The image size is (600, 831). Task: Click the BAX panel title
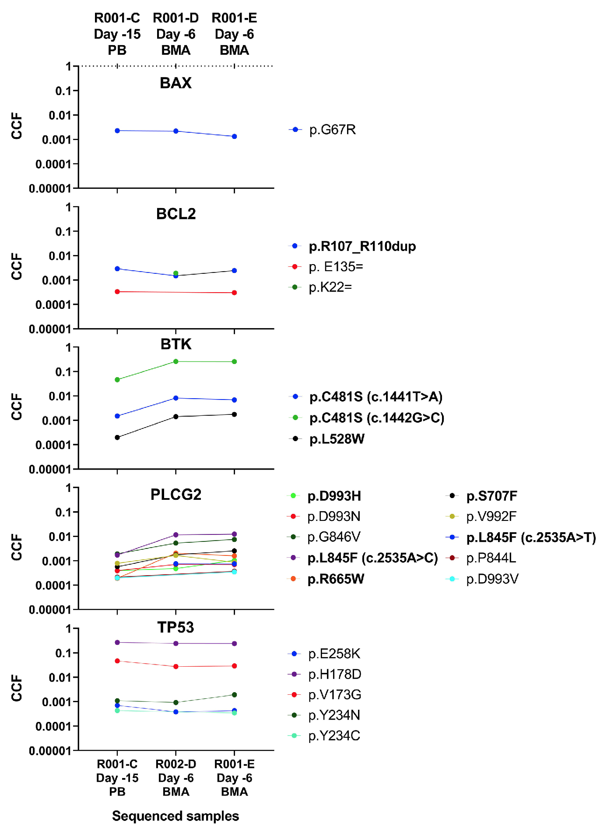click(x=175, y=83)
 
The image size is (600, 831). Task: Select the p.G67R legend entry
click(x=332, y=130)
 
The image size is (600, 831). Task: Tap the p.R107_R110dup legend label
click(x=362, y=246)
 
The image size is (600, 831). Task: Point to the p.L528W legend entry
click(x=337, y=439)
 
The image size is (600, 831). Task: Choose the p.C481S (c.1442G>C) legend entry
click(x=376, y=418)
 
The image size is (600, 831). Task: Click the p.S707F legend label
click(x=491, y=496)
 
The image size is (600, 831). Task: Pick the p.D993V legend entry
click(x=492, y=579)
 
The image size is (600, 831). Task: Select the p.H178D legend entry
click(x=334, y=674)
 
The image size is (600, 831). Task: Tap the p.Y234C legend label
click(x=334, y=736)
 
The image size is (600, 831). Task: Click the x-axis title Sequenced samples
click(x=175, y=816)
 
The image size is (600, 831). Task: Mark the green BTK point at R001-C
click(x=117, y=380)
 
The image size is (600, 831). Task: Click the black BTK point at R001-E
click(x=235, y=414)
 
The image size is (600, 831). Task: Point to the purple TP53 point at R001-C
click(x=117, y=642)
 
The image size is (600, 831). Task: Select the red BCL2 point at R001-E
click(x=235, y=293)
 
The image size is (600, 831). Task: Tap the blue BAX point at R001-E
click(x=235, y=136)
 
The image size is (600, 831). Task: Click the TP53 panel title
click(x=175, y=627)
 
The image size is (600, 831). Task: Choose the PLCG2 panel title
click(x=175, y=495)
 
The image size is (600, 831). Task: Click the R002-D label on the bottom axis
click(x=176, y=764)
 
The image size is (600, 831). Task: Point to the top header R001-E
click(x=235, y=18)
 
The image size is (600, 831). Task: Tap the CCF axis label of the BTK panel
click(x=17, y=407)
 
